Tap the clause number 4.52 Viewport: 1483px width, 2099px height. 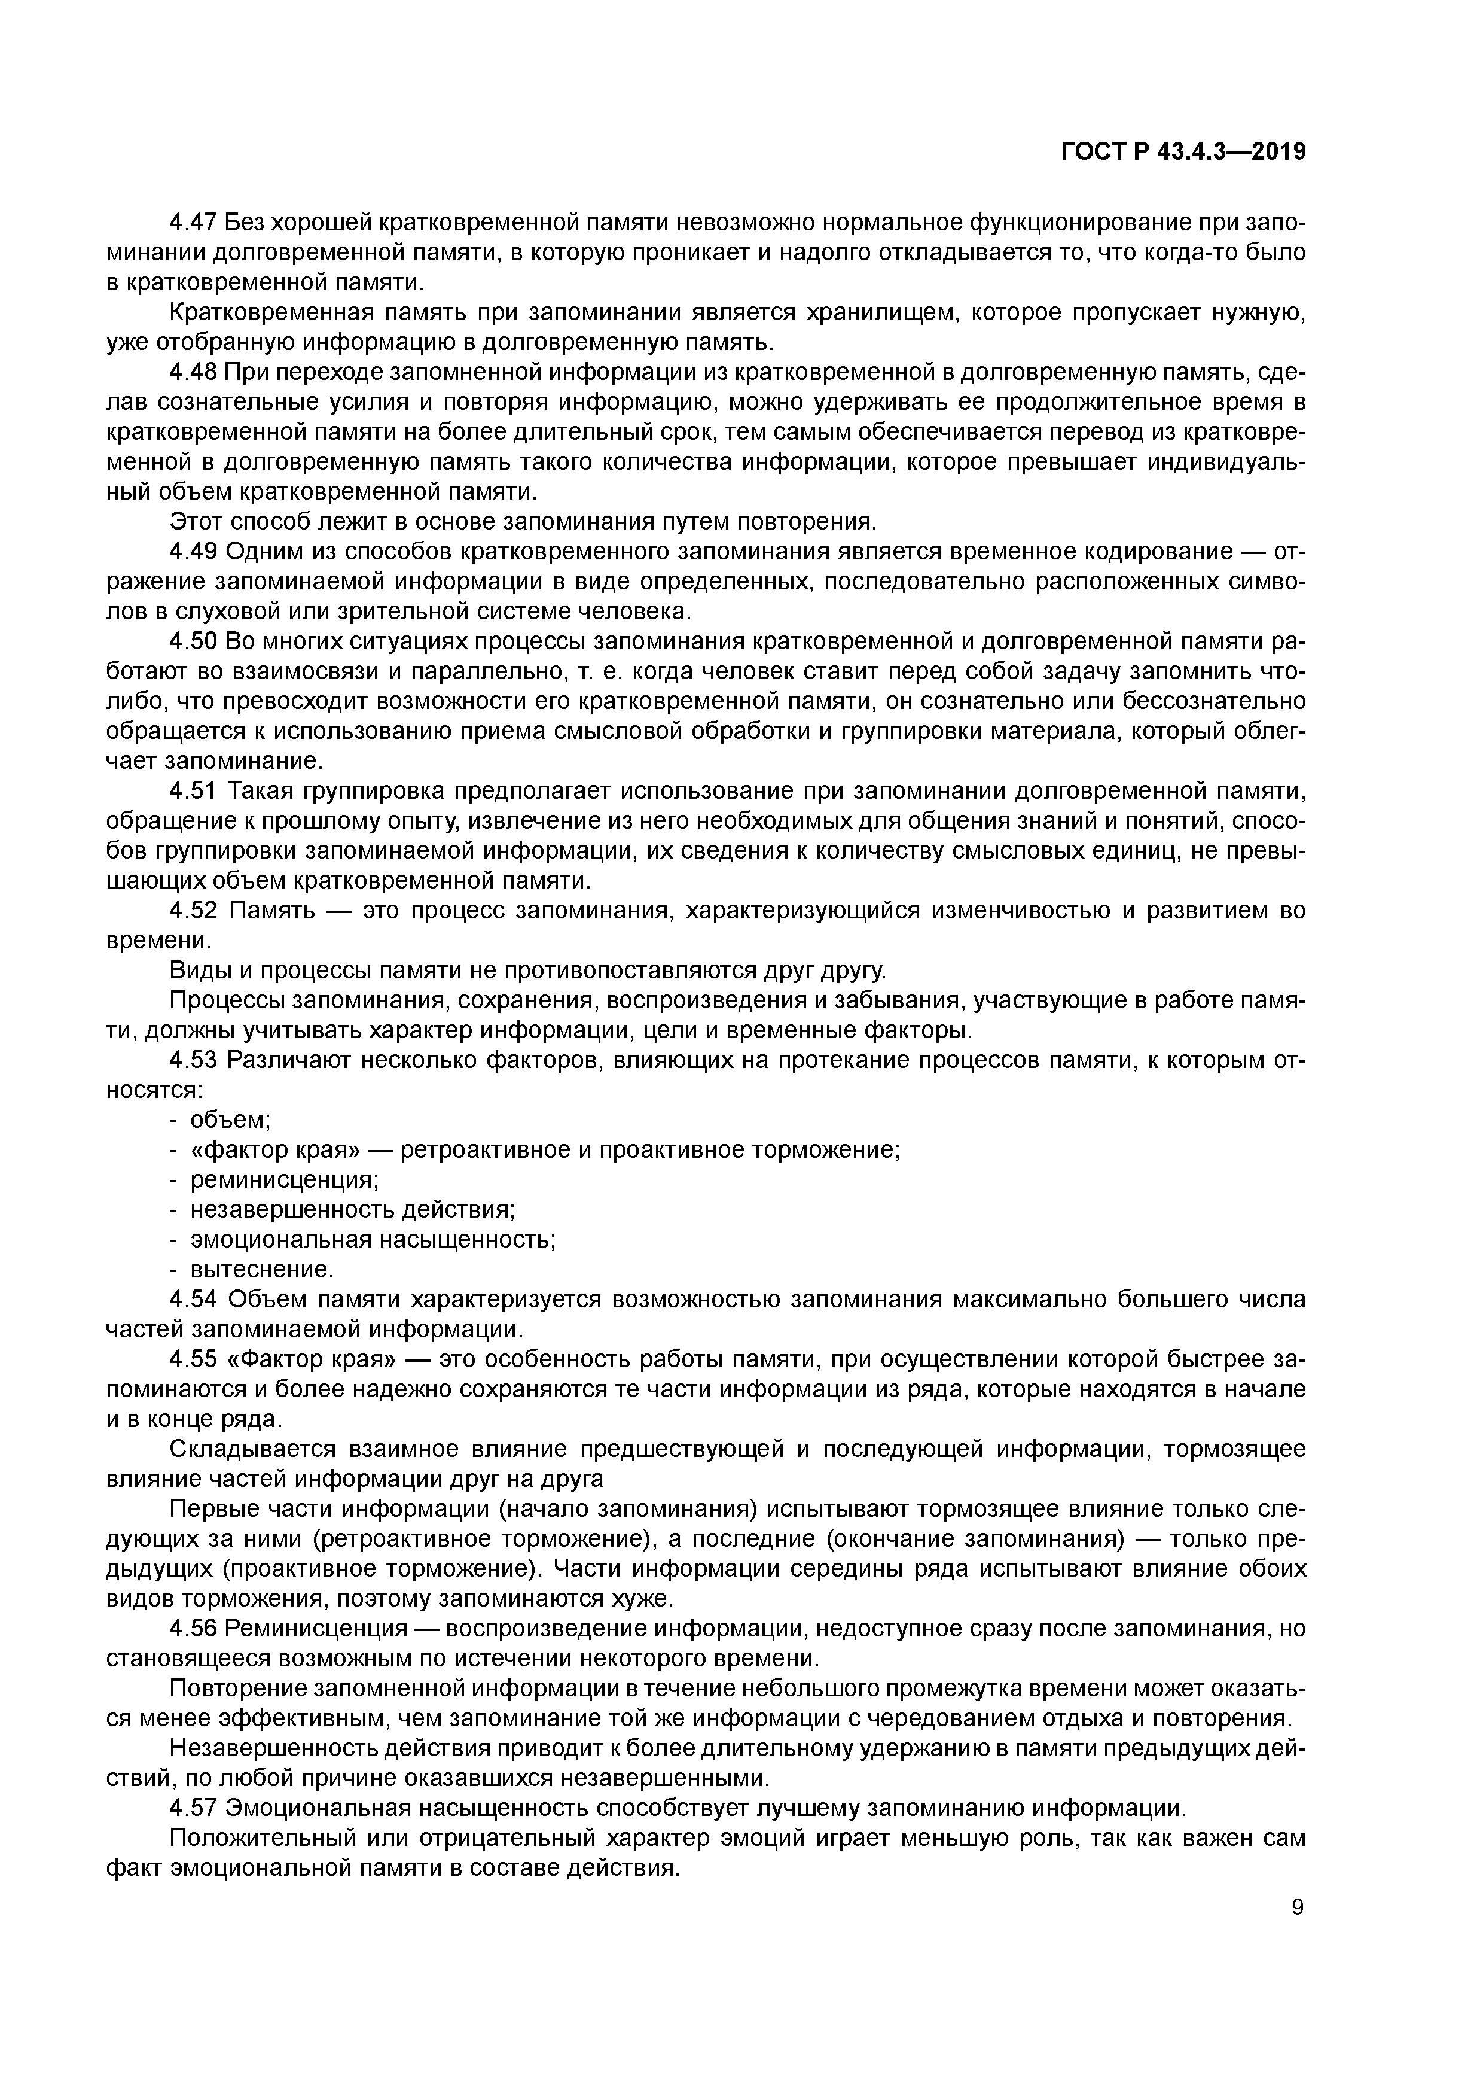pos(194,911)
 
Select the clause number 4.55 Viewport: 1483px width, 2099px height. pos(194,1359)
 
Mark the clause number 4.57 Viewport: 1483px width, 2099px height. pos(194,1808)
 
